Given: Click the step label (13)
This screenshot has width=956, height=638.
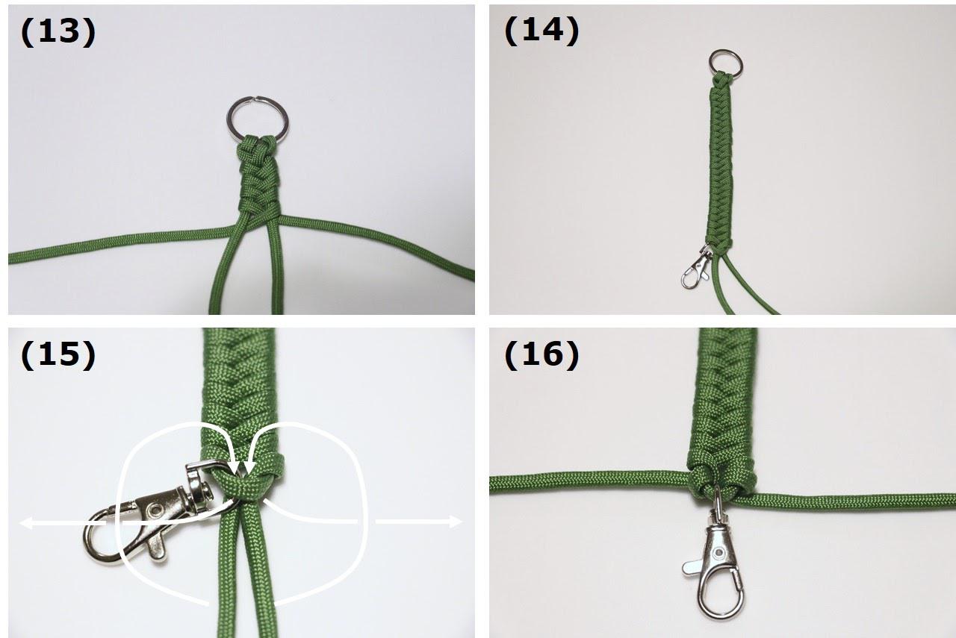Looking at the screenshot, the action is [58, 32].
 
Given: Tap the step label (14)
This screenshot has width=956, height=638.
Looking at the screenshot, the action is [541, 31].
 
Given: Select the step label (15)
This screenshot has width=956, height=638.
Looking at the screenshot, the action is [58, 355].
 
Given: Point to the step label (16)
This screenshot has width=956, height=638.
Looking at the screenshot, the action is [541, 355].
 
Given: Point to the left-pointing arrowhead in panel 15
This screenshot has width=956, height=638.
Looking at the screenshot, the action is [26, 522].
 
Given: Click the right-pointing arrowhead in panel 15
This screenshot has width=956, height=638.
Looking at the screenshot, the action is [456, 521].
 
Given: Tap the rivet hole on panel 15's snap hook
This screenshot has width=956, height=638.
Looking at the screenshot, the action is [157, 509].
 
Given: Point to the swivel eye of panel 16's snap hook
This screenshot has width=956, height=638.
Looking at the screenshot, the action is [718, 502].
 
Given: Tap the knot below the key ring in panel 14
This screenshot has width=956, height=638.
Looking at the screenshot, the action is [721, 79].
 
